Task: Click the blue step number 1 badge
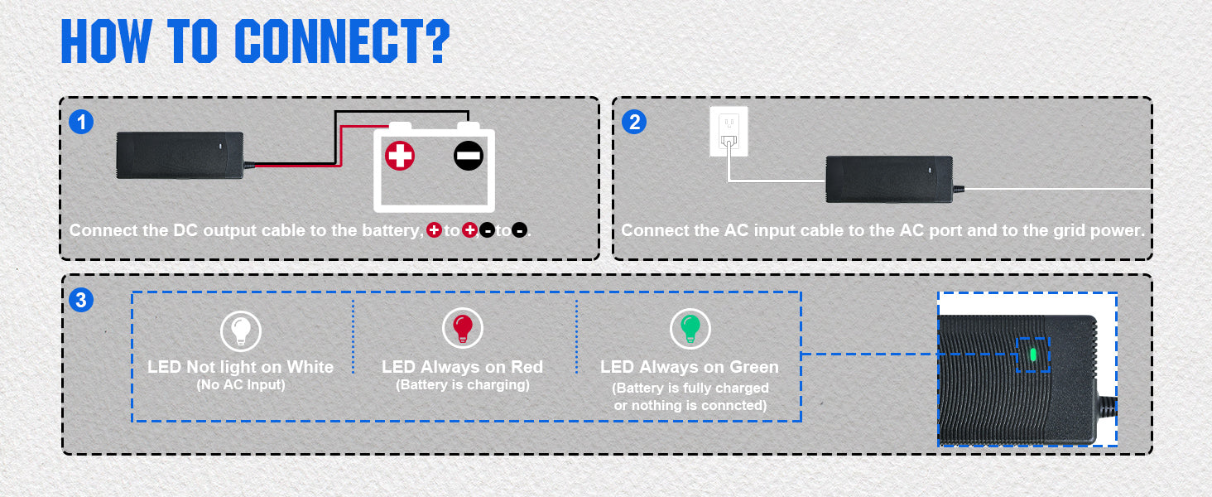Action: (80, 123)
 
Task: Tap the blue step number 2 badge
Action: (633, 123)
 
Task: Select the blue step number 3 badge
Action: (80, 301)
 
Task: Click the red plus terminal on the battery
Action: (400, 156)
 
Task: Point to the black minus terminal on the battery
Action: (468, 156)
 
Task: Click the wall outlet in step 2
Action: (729, 131)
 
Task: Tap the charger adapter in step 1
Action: (180, 155)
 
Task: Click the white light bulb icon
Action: (241, 331)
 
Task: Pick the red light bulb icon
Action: (463, 329)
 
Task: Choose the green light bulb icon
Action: (690, 329)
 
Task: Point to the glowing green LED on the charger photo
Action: (1032, 355)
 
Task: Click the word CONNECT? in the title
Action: (342, 41)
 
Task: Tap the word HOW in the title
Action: (107, 41)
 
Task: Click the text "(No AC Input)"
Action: (240, 385)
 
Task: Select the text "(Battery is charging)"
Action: (463, 385)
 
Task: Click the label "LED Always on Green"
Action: (690, 367)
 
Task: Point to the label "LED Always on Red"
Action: (463, 367)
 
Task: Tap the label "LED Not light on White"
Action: (240, 367)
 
